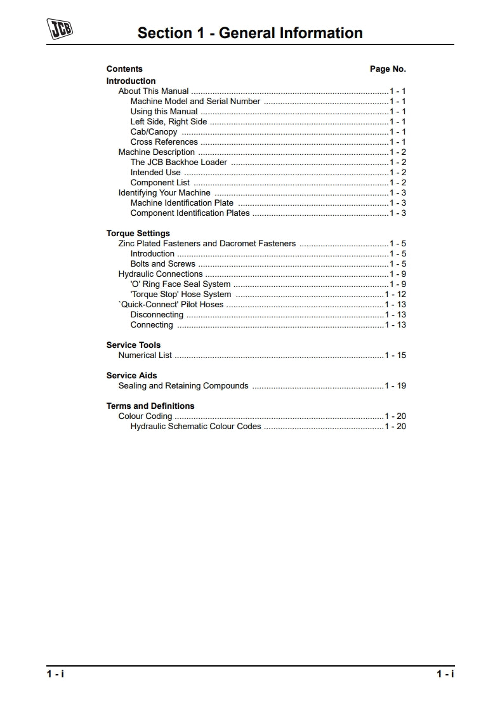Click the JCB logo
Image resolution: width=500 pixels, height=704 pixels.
coord(60,29)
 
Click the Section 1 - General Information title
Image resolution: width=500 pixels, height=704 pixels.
coord(250,33)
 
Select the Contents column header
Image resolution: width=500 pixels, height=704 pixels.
coord(124,69)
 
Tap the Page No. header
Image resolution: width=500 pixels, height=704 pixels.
coord(388,69)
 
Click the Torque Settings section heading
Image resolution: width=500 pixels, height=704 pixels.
coord(138,234)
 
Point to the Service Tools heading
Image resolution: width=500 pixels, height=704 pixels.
coord(133,345)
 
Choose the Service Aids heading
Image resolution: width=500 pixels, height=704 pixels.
coord(131,376)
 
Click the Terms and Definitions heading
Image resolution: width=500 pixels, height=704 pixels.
coord(150,406)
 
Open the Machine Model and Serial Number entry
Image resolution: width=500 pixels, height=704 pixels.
coord(195,102)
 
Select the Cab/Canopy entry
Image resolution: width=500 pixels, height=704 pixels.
coord(154,132)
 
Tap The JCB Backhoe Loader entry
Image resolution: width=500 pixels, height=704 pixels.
coord(178,163)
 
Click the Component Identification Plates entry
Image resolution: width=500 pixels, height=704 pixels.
coord(190,213)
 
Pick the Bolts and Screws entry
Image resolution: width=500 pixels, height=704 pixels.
coord(163,264)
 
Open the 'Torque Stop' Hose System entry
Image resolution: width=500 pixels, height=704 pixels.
coord(181,295)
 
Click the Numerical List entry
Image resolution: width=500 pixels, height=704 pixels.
coord(145,355)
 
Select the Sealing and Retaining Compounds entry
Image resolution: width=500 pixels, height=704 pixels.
coord(183,386)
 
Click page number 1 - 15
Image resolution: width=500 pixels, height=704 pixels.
coord(395,355)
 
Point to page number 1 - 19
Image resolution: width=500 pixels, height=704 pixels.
coord(395,386)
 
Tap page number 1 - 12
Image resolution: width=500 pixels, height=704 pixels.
coord(395,295)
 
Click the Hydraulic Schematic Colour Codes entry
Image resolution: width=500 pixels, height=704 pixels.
coord(195,427)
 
